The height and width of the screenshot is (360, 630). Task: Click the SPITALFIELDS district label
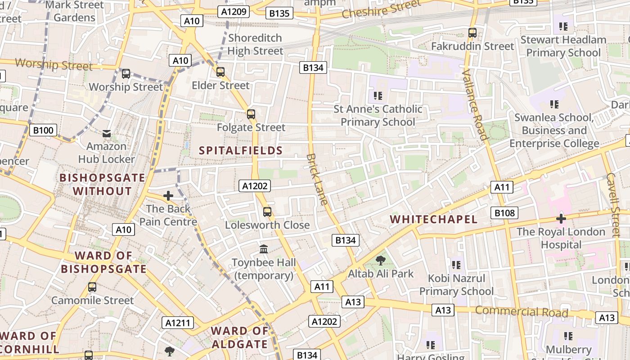pos(241,151)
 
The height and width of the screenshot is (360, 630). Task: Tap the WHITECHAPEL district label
pos(433,219)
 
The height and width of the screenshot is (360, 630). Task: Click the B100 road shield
pos(43,130)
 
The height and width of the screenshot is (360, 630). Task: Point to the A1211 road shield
pos(178,323)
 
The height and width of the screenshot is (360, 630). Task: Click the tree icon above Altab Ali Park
pos(380,260)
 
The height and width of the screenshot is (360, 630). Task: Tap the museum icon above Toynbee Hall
pos(264,249)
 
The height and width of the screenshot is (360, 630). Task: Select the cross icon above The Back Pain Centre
pos(168,196)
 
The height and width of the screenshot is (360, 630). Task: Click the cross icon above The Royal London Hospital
pos(561,219)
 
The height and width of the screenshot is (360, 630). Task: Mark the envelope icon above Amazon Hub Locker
pos(107,133)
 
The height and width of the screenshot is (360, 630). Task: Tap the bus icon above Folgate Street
pos(251,114)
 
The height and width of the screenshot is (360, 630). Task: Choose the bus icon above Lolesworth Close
pos(267,211)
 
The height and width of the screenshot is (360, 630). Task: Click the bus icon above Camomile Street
pos(92,287)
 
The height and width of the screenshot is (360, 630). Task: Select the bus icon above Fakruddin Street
pos(472,33)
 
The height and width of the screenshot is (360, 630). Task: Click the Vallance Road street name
pos(475,105)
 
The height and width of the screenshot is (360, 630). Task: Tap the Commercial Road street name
pos(522,311)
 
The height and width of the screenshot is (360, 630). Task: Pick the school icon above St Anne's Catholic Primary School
pos(378,95)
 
